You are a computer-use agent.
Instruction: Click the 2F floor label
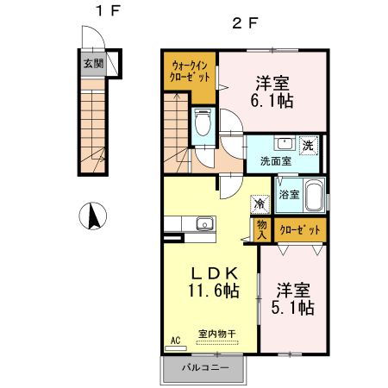pos(245,23)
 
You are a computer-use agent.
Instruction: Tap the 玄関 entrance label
pos(93,63)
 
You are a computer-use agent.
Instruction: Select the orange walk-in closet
pos(189,74)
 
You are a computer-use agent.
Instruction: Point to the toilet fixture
pos(203,125)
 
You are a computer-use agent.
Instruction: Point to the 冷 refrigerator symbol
pos(258,204)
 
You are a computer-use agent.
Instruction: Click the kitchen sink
pos(203,225)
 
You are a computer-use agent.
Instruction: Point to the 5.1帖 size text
pos(294,308)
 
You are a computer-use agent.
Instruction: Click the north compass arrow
pos(89,216)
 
